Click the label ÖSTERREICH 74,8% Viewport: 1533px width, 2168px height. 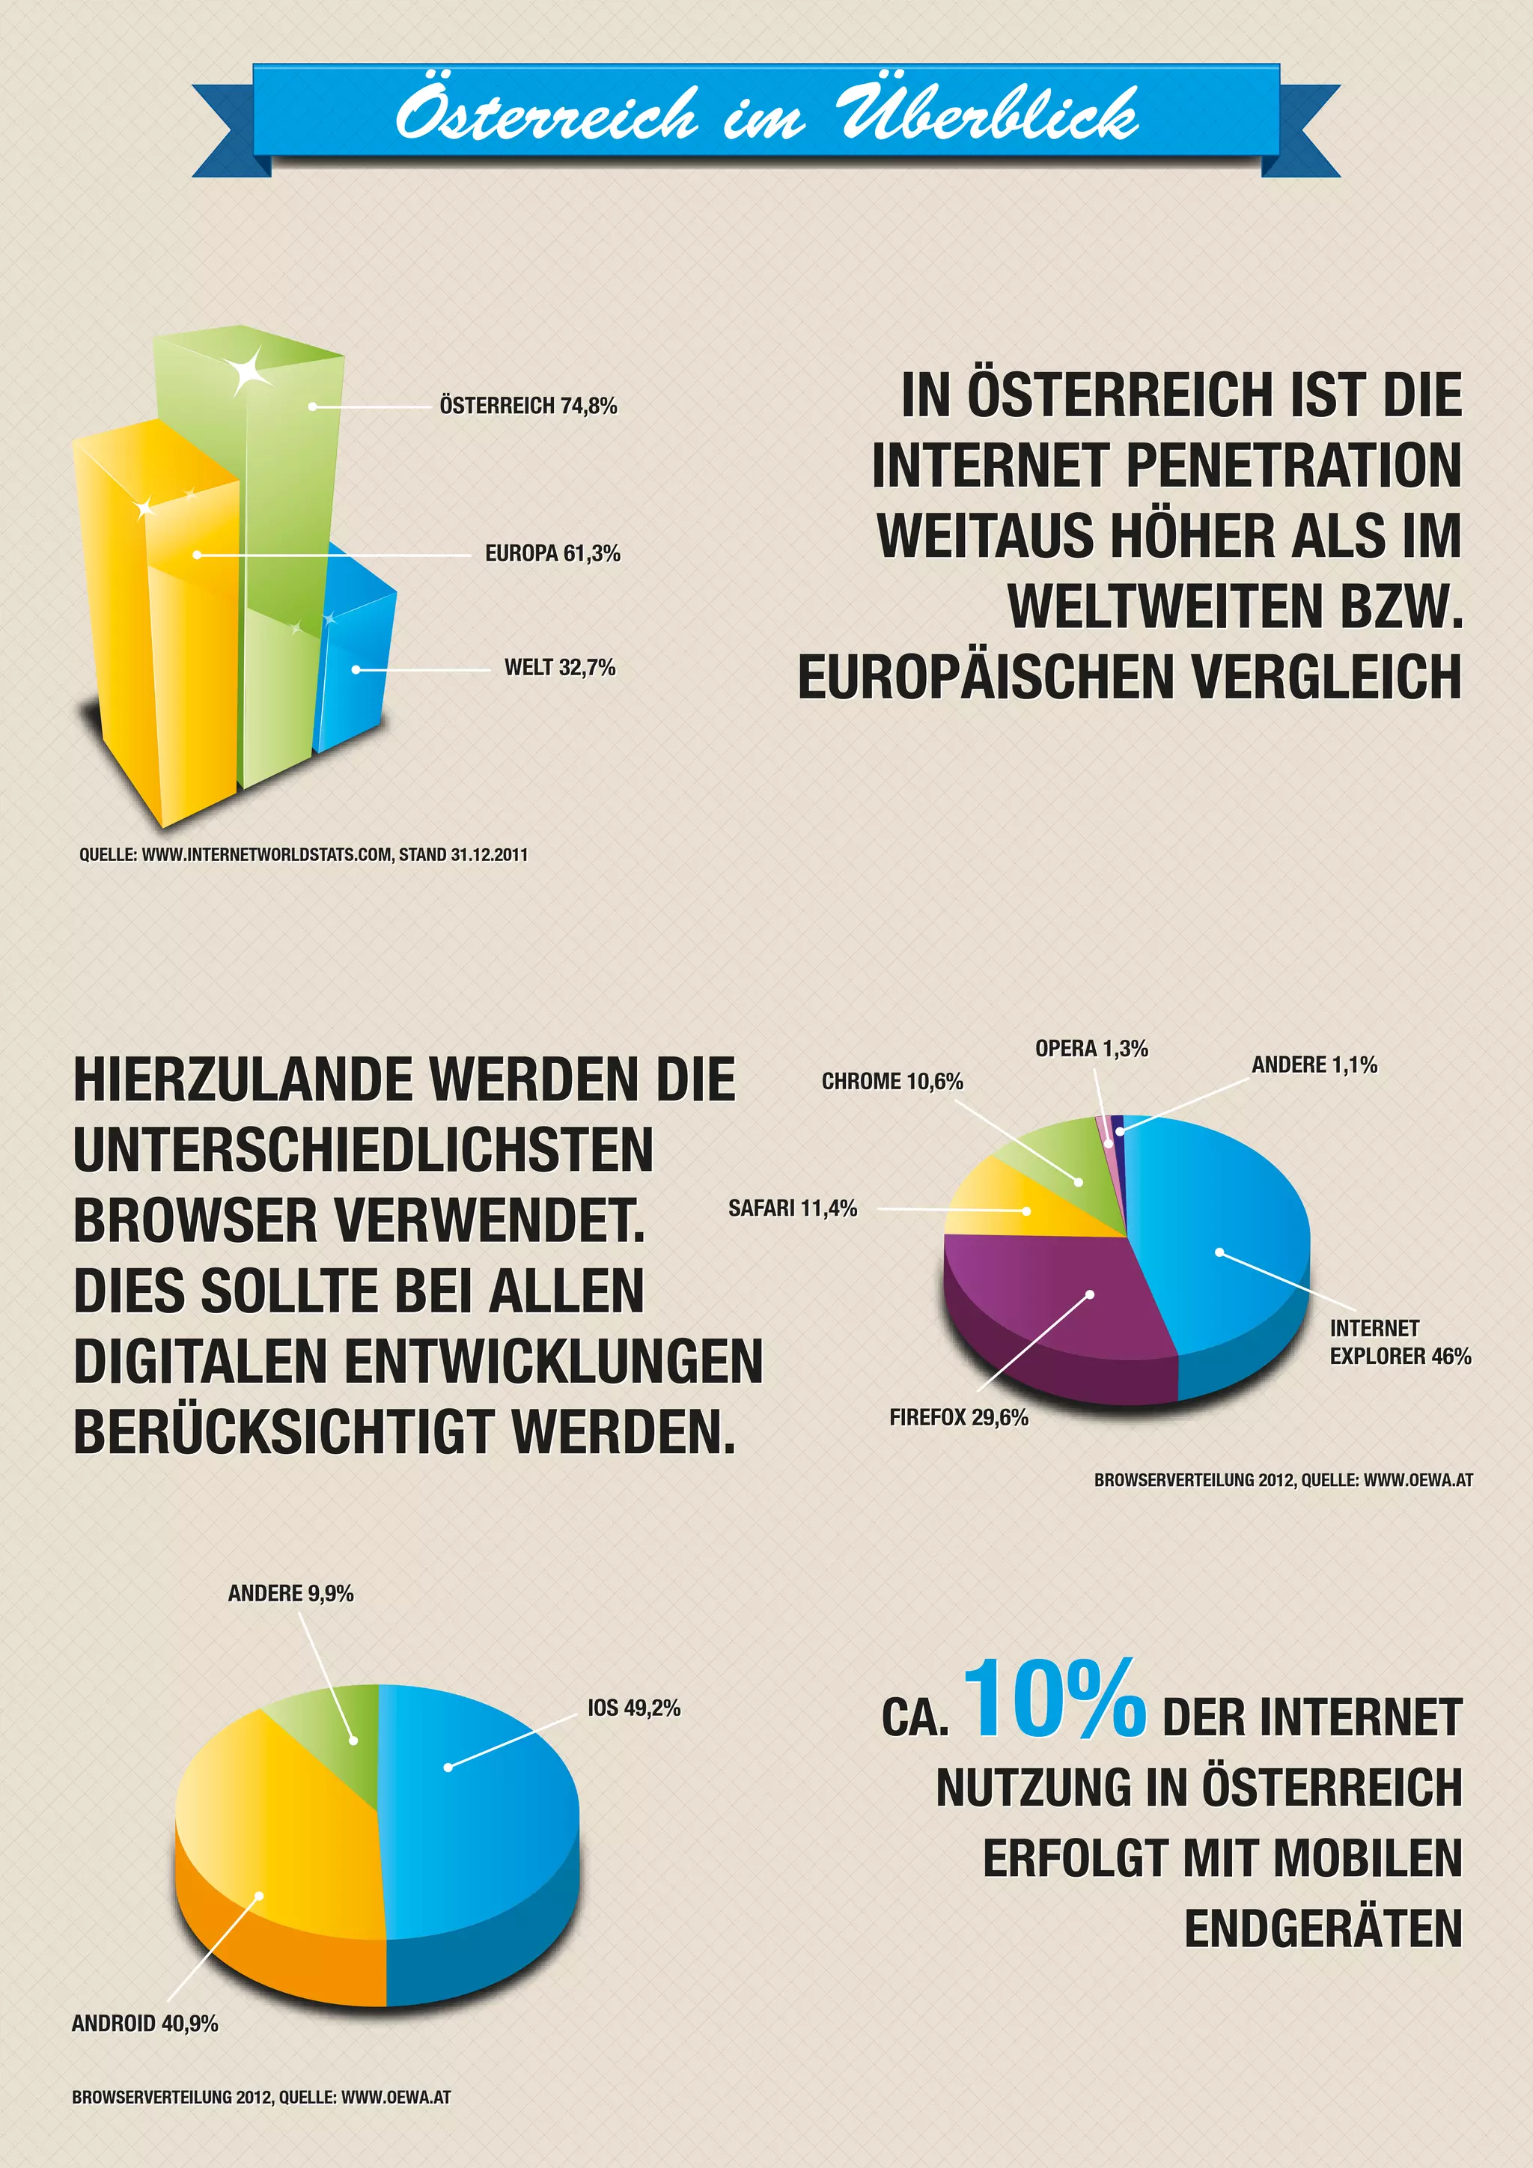pyautogui.click(x=528, y=406)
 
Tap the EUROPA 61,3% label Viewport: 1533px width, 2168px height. pyautogui.click(x=552, y=553)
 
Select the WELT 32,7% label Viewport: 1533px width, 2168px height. pyautogui.click(x=559, y=668)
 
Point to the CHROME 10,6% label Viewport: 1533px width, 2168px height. pyautogui.click(x=892, y=1081)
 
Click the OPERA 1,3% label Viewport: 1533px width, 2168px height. pyautogui.click(x=1091, y=1049)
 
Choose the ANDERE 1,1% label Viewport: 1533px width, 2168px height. pyautogui.click(x=1314, y=1065)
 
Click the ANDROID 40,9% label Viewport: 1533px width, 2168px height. pyautogui.click(x=144, y=2024)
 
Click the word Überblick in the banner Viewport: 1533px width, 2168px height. pyautogui.click(x=987, y=115)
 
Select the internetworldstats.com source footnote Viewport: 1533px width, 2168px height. pyautogui.click(x=303, y=854)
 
